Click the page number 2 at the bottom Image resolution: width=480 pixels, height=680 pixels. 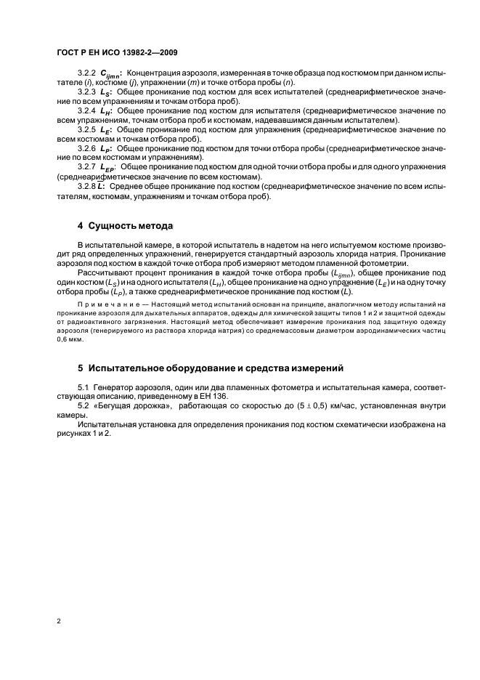[x=58, y=622]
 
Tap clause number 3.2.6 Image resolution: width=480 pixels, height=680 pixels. [x=87, y=148]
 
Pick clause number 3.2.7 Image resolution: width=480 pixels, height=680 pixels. [x=87, y=166]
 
